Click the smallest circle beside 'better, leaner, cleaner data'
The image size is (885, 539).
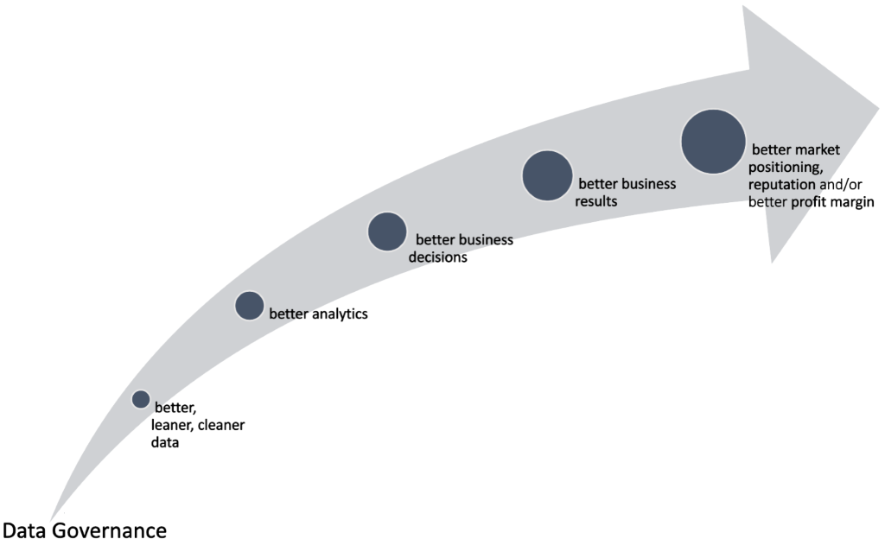point(141,399)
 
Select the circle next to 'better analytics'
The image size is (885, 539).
point(250,306)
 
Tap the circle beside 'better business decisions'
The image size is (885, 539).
point(387,231)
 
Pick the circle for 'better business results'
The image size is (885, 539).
point(547,175)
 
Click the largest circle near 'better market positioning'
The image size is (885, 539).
point(713,142)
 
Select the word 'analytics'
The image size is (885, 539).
point(338,314)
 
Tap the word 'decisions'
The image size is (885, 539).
point(438,257)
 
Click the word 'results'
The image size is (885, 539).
point(596,201)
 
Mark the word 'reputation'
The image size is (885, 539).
point(781,185)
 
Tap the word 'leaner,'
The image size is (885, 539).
point(172,426)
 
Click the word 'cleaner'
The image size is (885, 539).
point(221,425)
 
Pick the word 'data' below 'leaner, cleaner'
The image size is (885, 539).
point(165,442)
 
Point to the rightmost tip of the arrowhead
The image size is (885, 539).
point(879,108)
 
